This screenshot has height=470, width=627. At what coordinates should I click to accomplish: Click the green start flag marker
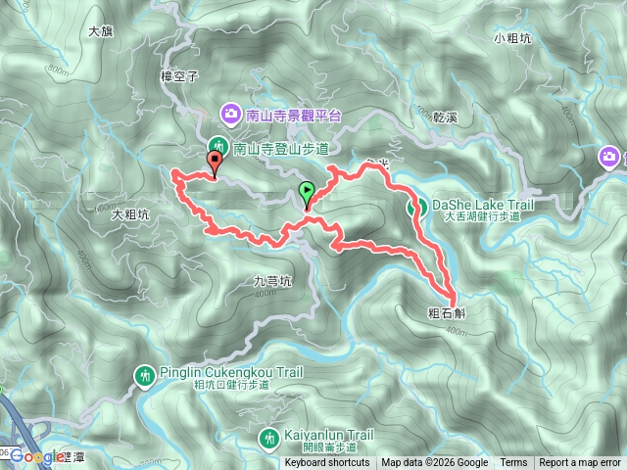coord(307,193)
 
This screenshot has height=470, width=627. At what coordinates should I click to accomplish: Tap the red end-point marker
coord(215,163)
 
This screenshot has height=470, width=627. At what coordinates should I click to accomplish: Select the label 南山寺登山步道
coord(281,149)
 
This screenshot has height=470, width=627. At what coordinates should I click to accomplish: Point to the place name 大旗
coord(101,31)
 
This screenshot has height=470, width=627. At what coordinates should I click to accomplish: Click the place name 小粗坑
coord(512,38)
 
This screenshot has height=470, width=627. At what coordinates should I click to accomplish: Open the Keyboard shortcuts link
coord(327,463)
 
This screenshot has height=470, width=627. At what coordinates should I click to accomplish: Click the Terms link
coord(513,463)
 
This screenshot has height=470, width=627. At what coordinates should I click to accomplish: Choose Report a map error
coord(580,463)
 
